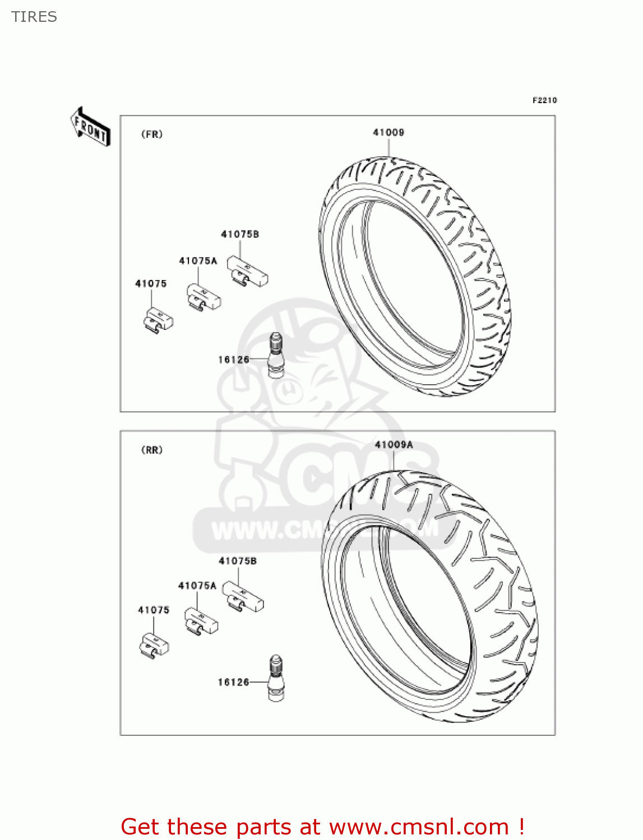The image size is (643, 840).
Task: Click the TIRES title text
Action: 34,17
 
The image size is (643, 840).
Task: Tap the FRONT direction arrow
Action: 90,127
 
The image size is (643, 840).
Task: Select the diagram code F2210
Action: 544,100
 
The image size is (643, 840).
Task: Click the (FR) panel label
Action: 152,134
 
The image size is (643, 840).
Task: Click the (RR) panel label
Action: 152,450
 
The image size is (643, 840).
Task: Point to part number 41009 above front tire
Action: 388,133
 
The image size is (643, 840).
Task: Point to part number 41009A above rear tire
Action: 394,445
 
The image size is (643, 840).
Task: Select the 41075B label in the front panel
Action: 240,235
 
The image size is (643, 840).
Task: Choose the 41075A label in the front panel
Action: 198,261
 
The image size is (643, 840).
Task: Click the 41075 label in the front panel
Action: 151,284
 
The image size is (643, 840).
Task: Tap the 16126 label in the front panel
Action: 233,360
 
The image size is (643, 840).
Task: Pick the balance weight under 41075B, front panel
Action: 247,271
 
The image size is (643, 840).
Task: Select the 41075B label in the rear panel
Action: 238,561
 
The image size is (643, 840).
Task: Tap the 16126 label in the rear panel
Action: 233,682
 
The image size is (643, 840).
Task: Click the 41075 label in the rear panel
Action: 154,610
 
